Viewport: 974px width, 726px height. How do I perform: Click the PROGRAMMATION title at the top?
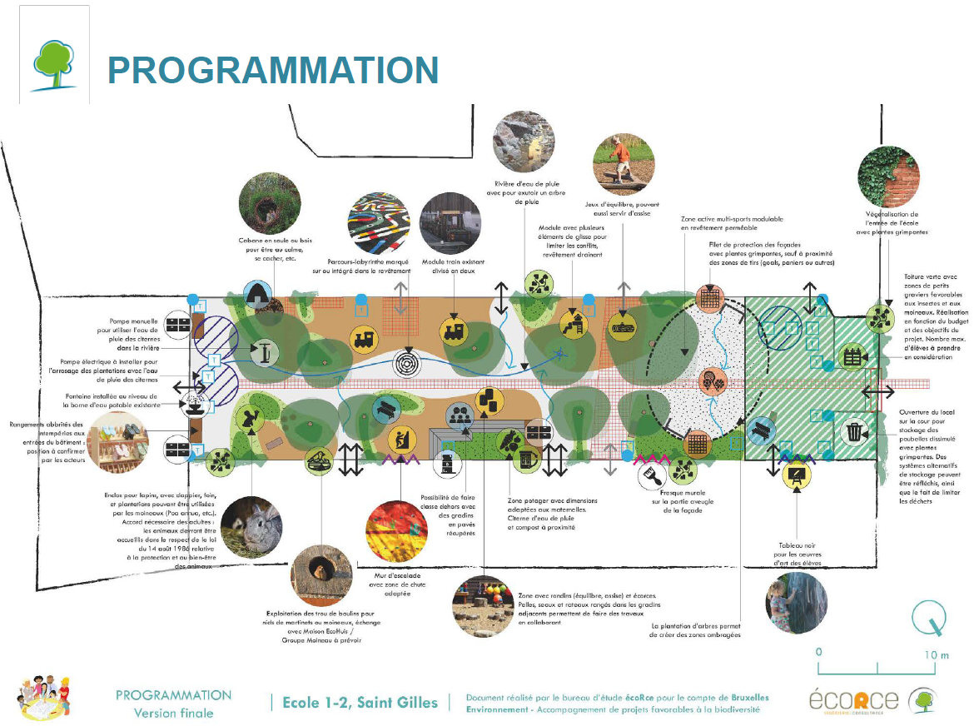pos(272,71)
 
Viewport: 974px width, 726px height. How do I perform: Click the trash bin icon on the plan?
pos(855,432)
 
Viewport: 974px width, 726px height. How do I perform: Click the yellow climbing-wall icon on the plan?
pos(400,438)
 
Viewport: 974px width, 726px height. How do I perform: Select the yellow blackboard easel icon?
pos(796,475)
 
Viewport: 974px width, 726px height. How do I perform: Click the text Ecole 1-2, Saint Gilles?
pos(360,702)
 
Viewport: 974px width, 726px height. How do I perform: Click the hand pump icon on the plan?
pos(264,351)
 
